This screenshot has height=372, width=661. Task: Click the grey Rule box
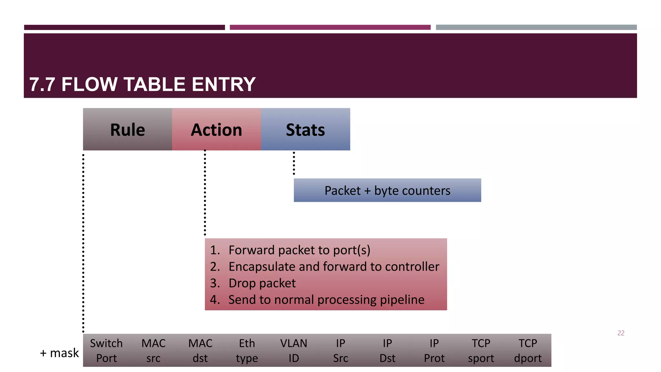(127, 129)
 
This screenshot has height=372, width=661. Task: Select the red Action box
(216, 129)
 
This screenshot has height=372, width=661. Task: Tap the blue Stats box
(305, 129)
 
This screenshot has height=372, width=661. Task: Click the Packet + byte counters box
(387, 191)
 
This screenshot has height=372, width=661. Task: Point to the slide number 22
(621, 333)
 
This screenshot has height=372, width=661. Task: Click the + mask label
(59, 353)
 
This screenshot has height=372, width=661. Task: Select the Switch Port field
(107, 350)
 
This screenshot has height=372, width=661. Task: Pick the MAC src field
(153, 350)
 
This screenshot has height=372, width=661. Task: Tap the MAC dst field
(200, 350)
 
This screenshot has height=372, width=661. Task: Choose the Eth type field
(247, 350)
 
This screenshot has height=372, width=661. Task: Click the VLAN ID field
(294, 350)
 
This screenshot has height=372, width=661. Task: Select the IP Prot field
(434, 350)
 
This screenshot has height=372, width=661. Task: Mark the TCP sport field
(481, 350)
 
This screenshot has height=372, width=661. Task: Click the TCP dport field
(528, 350)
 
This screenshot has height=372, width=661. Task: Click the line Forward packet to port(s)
(299, 250)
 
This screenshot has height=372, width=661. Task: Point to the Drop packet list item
(262, 283)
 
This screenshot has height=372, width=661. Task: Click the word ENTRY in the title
(223, 84)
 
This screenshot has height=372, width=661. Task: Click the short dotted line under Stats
(294, 163)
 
